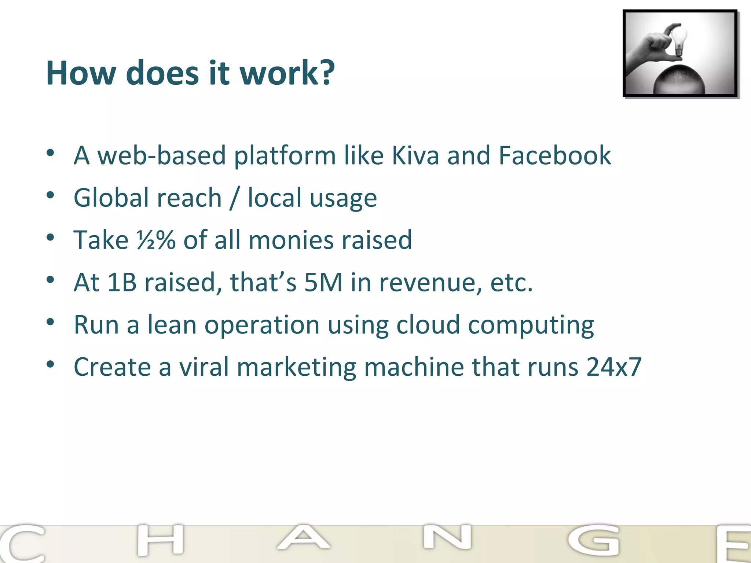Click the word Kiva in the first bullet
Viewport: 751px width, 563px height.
[415, 155]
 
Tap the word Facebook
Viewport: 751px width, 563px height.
[554, 155]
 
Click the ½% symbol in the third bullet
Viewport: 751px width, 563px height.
[156, 240]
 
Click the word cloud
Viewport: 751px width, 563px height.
[428, 325]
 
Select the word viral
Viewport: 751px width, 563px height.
[204, 367]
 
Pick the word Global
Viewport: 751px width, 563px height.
[111, 198]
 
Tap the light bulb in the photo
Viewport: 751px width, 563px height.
[678, 38]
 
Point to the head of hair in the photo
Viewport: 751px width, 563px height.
[679, 79]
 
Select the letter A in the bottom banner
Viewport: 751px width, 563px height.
[303, 538]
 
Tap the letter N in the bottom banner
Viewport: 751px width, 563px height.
[447, 537]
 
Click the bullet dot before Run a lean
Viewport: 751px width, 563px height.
[51, 323]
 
